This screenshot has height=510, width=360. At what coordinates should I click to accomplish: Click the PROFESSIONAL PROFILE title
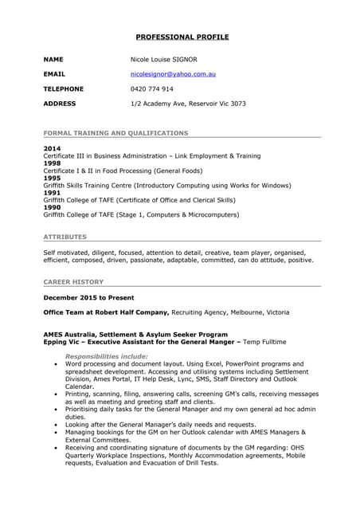click(182, 37)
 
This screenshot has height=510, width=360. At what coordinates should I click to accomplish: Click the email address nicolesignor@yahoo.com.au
click(174, 74)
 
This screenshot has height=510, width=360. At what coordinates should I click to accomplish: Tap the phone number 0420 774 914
click(151, 89)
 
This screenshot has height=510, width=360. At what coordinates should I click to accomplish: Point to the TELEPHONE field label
click(63, 89)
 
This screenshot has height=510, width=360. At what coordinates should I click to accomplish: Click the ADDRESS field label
click(60, 104)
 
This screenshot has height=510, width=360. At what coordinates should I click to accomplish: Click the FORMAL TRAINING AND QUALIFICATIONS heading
click(115, 133)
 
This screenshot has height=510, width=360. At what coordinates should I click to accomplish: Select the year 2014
click(51, 149)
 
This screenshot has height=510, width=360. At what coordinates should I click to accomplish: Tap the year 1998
click(51, 163)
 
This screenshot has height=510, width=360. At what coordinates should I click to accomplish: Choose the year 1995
click(51, 178)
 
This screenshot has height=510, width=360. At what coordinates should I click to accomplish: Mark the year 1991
click(51, 193)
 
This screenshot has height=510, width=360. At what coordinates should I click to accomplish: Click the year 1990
click(51, 208)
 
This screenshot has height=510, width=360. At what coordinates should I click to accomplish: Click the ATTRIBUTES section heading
click(65, 237)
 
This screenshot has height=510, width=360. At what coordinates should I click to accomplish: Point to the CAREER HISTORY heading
click(73, 281)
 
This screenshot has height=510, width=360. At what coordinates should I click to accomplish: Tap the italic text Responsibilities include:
click(106, 356)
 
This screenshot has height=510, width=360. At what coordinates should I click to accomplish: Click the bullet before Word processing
click(55, 363)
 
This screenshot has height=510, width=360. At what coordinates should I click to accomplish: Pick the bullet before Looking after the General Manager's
click(55, 425)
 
